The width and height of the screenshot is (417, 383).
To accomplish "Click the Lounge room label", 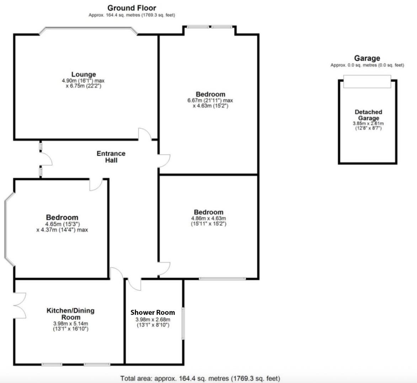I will click(84, 74).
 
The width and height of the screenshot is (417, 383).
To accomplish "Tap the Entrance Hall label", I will click(111, 157).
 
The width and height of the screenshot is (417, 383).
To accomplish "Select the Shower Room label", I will click(153, 312).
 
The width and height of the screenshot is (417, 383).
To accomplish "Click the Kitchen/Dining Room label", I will click(70, 314).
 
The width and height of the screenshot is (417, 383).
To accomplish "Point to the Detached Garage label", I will click(368, 115).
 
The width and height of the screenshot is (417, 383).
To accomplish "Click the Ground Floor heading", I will click(132, 8).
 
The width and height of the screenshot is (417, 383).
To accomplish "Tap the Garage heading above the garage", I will click(367, 58).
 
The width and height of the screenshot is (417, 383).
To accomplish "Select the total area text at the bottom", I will click(200, 378).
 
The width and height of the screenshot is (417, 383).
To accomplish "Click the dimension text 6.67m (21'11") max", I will click(210, 100).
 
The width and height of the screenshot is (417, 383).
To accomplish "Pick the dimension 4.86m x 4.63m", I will click(208, 218).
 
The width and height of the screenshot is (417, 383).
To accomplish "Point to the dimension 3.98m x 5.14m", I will click(70, 323).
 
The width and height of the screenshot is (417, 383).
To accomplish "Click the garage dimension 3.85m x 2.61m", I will click(368, 123).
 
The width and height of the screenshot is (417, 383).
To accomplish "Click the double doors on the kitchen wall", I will click(20, 305).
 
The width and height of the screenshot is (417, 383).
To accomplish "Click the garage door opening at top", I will click(367, 81).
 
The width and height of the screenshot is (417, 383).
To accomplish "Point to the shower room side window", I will click(183, 323).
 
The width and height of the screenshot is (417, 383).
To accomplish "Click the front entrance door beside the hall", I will click(46, 160).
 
